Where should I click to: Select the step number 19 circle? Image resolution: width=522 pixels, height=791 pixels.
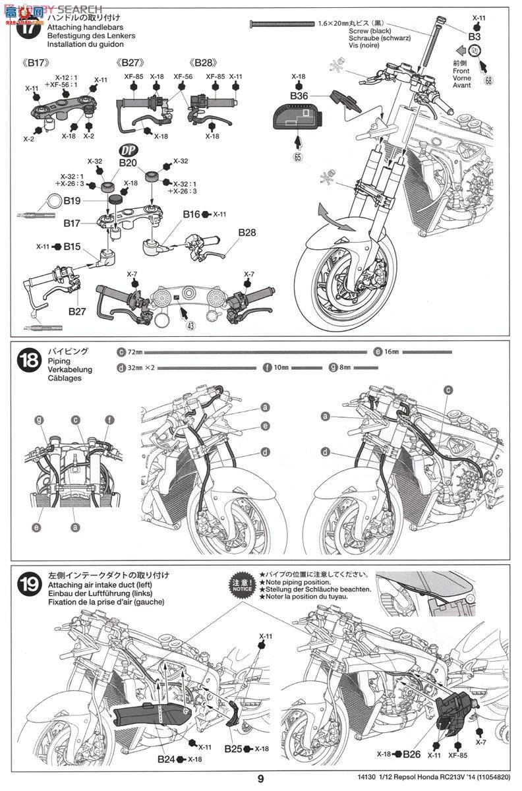29,584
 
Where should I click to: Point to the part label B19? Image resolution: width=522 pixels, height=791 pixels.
72,200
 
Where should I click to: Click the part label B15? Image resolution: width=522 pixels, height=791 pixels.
72,247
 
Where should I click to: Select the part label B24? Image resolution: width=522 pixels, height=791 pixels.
165,759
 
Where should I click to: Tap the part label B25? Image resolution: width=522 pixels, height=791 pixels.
233,749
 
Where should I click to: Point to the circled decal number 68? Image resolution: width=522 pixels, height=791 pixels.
488,81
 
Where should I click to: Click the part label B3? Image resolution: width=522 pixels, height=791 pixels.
475,37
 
